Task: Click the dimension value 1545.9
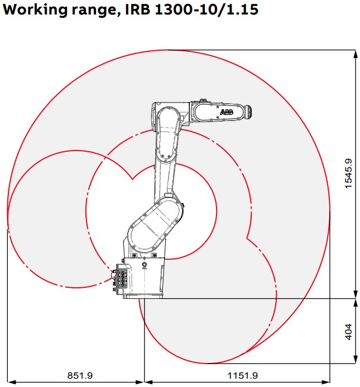pos(348,173)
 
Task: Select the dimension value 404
pos(348,331)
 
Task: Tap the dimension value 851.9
pos(80,376)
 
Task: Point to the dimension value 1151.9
pos(242,376)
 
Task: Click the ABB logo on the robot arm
pos(227,112)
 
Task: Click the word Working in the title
pos(34,10)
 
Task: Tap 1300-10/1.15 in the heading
pos(207,9)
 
